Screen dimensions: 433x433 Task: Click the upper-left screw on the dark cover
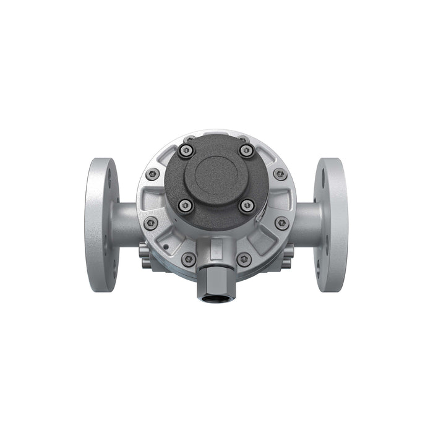[186, 150]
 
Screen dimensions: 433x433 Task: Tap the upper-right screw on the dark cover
[246, 150]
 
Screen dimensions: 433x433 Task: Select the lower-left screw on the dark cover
[186, 205]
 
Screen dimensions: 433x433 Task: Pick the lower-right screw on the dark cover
[247, 205]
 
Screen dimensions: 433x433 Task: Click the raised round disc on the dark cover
[216, 177]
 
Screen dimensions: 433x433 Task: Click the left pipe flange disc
[101, 224]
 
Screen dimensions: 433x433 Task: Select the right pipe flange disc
[330, 224]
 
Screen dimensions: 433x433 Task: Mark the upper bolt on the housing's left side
[152, 175]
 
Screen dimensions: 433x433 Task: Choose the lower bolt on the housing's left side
[150, 223]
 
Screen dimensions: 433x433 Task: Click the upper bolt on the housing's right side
[280, 175]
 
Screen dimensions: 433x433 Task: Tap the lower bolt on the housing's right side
[281, 223]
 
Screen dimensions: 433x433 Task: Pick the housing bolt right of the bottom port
[244, 259]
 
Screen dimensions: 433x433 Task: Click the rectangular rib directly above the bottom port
[216, 250]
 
